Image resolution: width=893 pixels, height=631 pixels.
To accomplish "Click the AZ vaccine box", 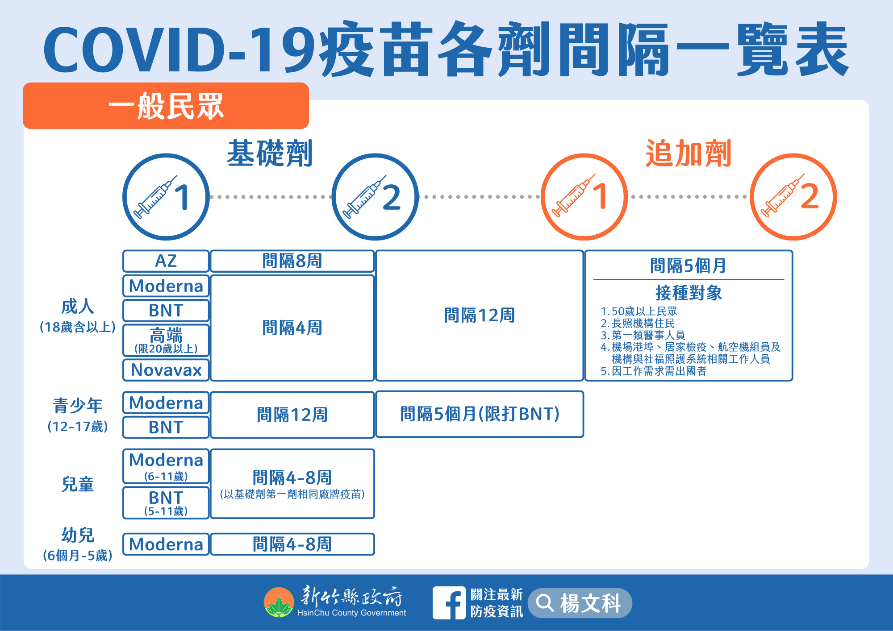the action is (166, 261).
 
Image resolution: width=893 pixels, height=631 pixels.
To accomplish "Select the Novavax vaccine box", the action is (166, 370).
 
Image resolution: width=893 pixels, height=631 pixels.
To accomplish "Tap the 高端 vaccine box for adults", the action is (166, 340).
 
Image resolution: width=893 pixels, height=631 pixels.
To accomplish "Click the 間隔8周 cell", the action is (292, 261).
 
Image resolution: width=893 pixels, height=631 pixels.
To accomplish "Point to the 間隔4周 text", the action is (292, 328).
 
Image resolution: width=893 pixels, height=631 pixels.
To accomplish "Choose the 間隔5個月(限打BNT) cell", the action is (480, 414).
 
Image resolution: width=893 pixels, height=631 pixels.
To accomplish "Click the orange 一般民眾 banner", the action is (166, 106).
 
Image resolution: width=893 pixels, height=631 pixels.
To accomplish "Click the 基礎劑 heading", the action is (270, 153).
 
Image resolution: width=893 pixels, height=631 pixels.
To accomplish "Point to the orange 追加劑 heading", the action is (688, 153).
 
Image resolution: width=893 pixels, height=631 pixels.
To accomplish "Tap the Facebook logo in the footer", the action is (449, 603).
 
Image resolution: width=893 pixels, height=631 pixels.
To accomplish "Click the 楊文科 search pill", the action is (580, 603).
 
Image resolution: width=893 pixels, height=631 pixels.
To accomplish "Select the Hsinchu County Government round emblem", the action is (279, 602).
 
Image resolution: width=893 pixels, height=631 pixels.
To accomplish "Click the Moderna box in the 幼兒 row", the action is (166, 544).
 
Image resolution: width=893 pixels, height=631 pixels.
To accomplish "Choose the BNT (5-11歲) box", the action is (166, 502).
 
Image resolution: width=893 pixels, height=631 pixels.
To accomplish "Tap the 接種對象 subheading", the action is (689, 293).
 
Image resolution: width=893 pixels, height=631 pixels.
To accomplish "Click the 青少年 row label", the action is (78, 405).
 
